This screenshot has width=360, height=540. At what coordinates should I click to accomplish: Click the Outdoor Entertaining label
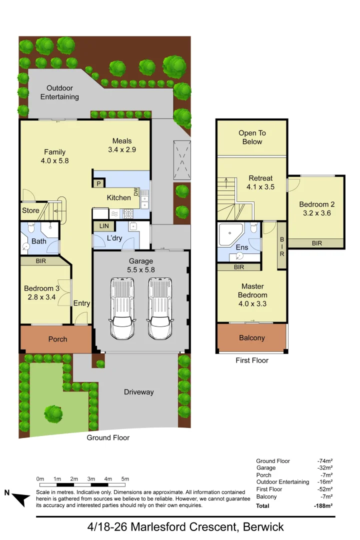click(x=59, y=92)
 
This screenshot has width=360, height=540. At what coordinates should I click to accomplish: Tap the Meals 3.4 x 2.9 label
click(x=122, y=145)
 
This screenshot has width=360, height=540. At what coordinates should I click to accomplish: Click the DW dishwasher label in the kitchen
click(x=135, y=191)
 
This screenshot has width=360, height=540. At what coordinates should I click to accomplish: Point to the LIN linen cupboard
click(x=104, y=226)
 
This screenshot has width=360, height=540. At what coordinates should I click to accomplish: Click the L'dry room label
click(x=114, y=238)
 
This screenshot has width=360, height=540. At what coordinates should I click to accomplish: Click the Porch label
click(x=57, y=339)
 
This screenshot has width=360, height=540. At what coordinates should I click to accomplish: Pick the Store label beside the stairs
click(x=30, y=210)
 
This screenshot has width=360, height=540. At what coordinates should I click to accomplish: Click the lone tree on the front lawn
click(x=53, y=413)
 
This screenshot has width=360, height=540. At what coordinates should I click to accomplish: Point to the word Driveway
click(x=138, y=392)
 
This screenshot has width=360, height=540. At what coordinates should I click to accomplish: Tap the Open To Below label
click(x=252, y=137)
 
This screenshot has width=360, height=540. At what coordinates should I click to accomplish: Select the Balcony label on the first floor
click(x=251, y=338)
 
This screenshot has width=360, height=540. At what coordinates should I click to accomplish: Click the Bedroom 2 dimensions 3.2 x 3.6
click(x=317, y=213)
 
